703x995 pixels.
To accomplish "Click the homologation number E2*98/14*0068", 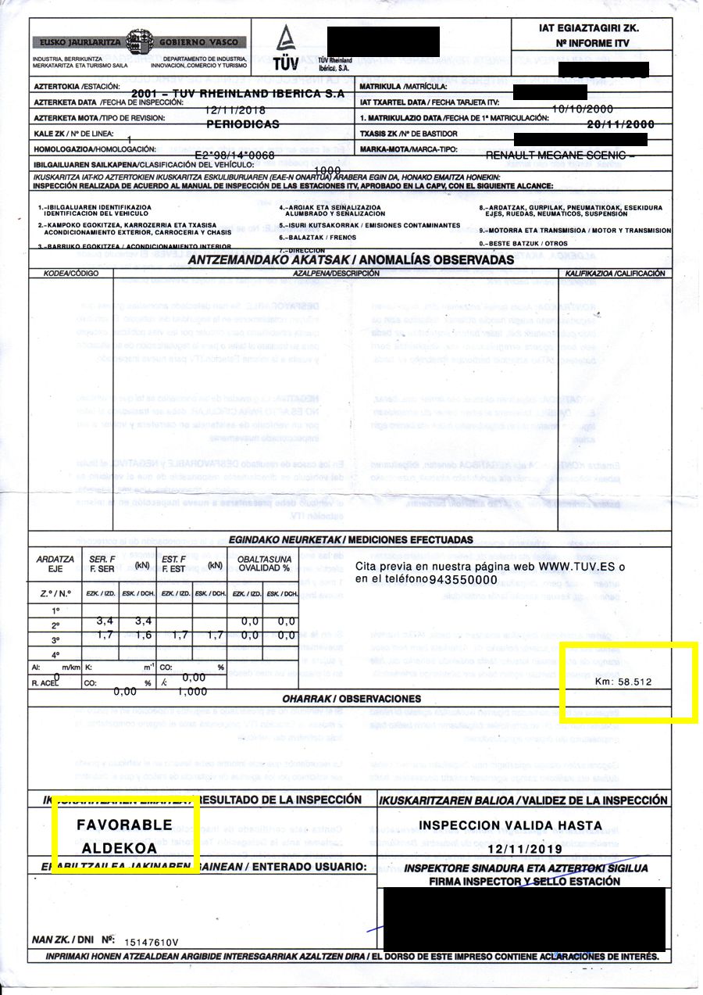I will pos(234,155).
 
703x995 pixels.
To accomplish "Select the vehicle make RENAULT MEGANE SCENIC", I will pos(560,155).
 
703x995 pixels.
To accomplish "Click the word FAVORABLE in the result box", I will pos(124,825).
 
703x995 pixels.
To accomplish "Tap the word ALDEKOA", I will pos(124,848).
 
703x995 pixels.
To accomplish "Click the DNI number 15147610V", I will pos(152,942).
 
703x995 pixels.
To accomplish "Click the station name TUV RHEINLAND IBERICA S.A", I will pos(248,93).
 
